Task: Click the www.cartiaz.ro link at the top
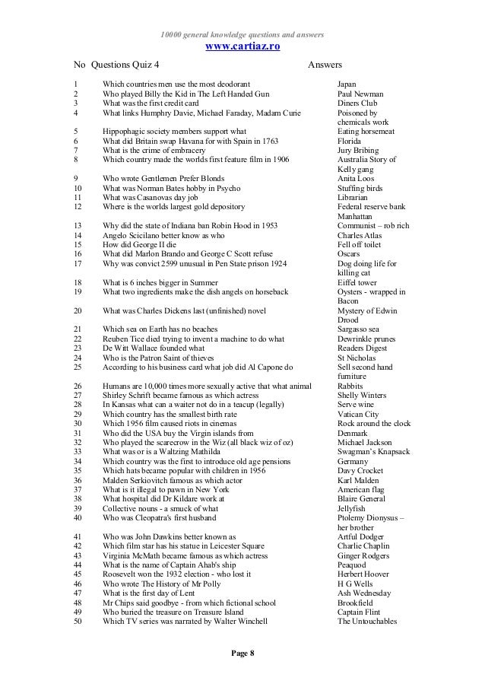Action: [x=243, y=47]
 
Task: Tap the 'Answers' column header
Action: [x=325, y=66]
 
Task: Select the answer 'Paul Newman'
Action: [x=360, y=94]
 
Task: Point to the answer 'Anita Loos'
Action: [x=356, y=179]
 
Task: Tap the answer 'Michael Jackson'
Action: [x=365, y=442]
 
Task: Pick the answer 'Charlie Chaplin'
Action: [x=363, y=545]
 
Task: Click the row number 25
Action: [x=78, y=366]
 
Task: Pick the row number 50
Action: [x=78, y=621]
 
